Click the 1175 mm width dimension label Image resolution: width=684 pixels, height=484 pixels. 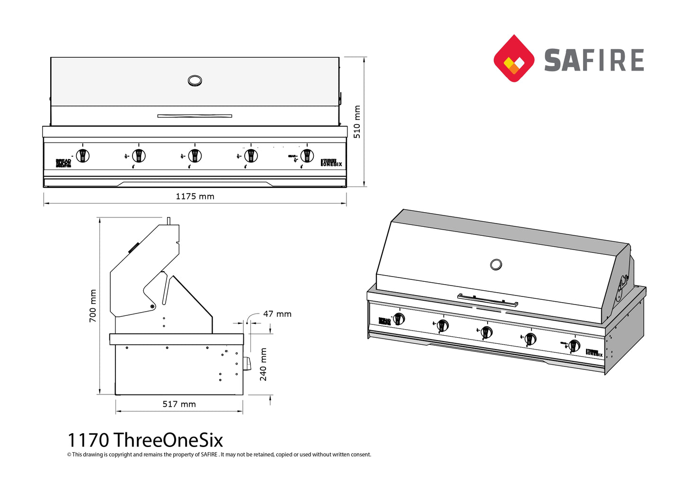[195, 197]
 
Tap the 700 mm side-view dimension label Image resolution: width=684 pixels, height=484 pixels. [93, 306]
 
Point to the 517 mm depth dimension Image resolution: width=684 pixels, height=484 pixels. [179, 404]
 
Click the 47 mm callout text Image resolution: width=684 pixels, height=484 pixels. [277, 314]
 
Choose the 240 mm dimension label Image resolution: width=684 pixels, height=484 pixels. [263, 364]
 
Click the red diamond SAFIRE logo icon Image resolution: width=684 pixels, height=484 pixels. [514, 58]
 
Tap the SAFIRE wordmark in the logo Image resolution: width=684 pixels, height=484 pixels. [594, 60]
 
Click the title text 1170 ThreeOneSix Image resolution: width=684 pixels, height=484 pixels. [145, 440]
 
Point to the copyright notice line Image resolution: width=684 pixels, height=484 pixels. [219, 455]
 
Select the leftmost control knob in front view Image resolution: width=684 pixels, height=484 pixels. [83, 155]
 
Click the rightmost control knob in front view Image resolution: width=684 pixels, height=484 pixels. [307, 155]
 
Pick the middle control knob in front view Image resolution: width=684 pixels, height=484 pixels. [195, 155]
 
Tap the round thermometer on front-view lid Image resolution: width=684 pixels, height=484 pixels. [195, 81]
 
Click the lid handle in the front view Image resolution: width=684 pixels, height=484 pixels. [195, 116]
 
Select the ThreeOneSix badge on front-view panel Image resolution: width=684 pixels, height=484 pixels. [331, 163]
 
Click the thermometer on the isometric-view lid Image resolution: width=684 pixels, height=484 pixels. [496, 264]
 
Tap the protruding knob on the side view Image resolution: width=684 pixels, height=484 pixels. [247, 363]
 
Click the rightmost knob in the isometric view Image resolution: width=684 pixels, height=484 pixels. [574, 345]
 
